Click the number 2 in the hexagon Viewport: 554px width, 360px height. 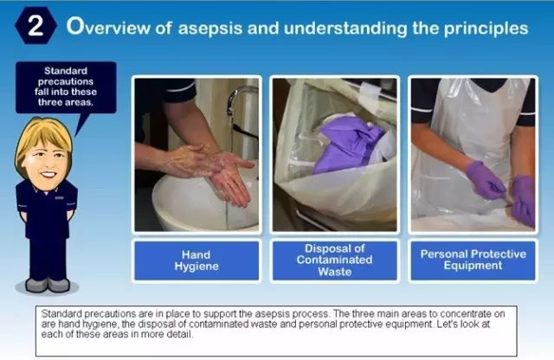(35, 26)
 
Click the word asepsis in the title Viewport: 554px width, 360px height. (210, 28)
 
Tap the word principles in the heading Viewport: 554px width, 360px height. (486, 29)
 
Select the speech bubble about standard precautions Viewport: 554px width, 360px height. (66, 87)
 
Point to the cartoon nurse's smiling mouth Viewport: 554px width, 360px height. (48, 174)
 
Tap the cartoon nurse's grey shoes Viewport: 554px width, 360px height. (48, 285)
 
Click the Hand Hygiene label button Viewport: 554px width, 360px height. (196, 260)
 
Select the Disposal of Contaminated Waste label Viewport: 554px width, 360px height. (335, 260)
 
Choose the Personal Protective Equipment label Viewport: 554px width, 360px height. (473, 260)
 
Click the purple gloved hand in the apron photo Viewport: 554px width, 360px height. (486, 181)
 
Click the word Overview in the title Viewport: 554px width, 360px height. (107, 27)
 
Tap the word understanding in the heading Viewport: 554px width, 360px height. (345, 29)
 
